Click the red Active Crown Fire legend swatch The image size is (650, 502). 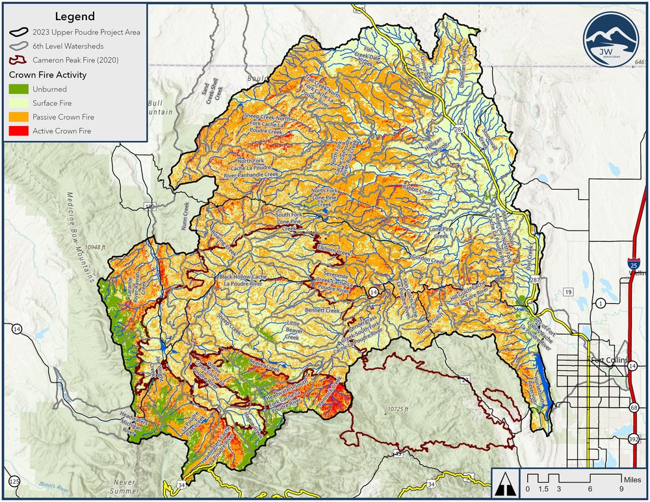(x=18, y=131)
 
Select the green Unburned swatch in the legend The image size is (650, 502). (x=18, y=89)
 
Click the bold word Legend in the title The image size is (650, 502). (x=75, y=16)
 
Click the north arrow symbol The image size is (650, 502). (x=505, y=484)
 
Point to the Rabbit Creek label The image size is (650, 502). (x=417, y=192)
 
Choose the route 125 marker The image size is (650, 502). (x=14, y=481)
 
